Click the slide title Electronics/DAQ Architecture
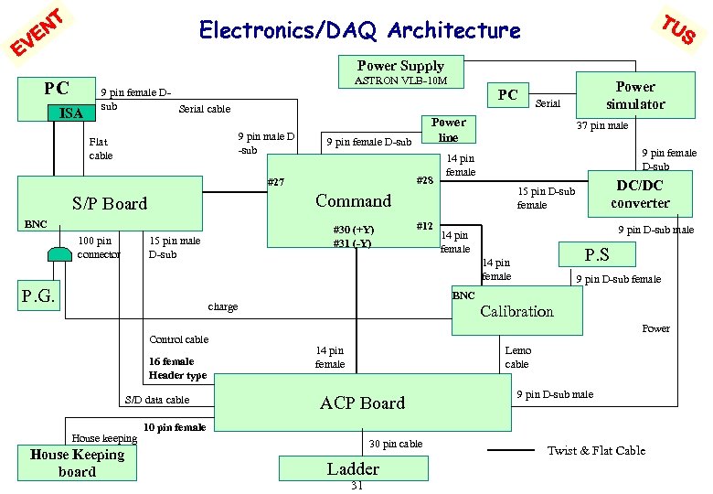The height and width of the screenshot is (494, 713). (x=359, y=31)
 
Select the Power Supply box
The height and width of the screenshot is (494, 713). (x=400, y=66)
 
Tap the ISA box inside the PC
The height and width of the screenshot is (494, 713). (x=70, y=113)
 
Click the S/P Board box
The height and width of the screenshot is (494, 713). (x=110, y=203)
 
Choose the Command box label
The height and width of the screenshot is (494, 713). (x=353, y=201)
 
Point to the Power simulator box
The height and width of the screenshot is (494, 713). (x=634, y=95)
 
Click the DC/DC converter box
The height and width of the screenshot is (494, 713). (x=640, y=193)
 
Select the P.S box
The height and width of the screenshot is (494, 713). (x=596, y=253)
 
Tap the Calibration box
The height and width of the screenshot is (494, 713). (x=516, y=311)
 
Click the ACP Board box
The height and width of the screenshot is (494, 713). (x=362, y=403)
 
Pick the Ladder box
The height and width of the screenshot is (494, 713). (x=353, y=467)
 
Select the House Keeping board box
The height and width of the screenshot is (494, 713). (x=77, y=463)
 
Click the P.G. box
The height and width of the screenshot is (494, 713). (x=38, y=295)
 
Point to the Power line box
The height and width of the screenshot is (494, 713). (x=448, y=130)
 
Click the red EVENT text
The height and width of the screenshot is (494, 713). (x=37, y=33)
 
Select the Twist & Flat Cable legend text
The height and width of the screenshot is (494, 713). (x=596, y=450)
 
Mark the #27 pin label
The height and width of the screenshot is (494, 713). (x=275, y=182)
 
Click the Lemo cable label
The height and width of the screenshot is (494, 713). (x=517, y=357)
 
